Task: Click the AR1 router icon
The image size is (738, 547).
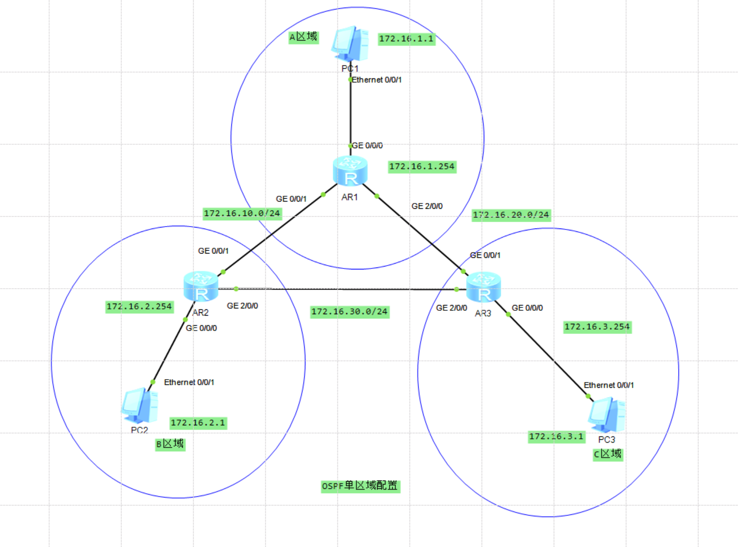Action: point(350,171)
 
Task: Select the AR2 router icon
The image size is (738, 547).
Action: point(201,287)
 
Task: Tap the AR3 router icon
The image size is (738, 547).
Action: point(484,287)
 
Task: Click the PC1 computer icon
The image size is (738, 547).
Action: point(350,44)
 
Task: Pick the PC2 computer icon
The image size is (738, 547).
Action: point(139,406)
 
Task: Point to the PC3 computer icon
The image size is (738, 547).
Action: point(607,415)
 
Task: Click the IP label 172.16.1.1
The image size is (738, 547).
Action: point(406,39)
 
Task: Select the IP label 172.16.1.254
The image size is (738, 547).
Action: point(422,167)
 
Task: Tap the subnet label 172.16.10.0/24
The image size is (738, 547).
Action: point(242,214)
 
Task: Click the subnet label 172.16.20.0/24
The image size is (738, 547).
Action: point(511,215)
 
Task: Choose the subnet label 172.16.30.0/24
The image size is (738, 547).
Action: point(350,312)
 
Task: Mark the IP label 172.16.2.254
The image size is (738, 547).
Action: point(139,307)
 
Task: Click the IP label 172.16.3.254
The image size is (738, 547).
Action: point(597,327)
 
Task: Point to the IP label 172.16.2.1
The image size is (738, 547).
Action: point(198,423)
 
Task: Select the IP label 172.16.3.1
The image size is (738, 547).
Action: point(556,437)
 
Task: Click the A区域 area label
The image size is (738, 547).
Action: point(303,37)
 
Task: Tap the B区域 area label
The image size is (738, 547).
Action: point(170,444)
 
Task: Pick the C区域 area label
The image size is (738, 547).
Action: point(608,454)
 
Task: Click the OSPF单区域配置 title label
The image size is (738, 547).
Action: point(360,486)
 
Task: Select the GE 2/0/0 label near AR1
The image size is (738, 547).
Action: point(427,206)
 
